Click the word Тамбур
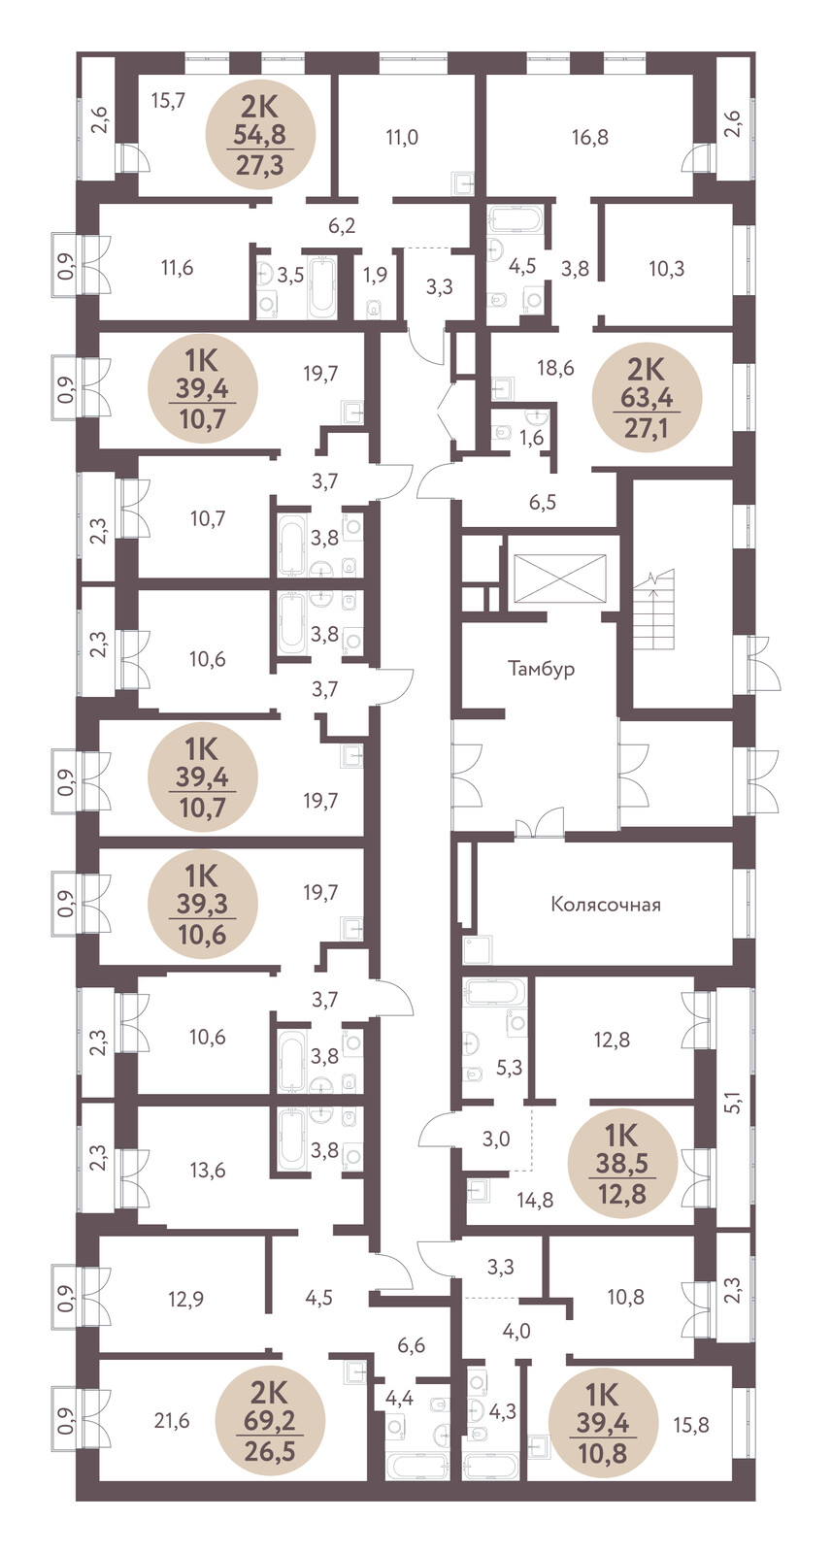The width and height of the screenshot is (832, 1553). coord(541,669)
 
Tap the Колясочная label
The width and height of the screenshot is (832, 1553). coord(605,904)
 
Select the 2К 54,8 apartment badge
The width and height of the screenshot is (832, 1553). coord(261,137)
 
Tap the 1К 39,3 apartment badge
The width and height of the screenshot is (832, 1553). coord(203,904)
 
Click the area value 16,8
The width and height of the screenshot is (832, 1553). coord(590,137)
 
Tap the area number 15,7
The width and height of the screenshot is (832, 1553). coord(168,101)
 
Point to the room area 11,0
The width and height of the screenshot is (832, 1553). coord(402,137)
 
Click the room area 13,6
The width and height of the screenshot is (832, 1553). coord(208,1170)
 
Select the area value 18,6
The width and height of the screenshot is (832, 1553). coord(555,368)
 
